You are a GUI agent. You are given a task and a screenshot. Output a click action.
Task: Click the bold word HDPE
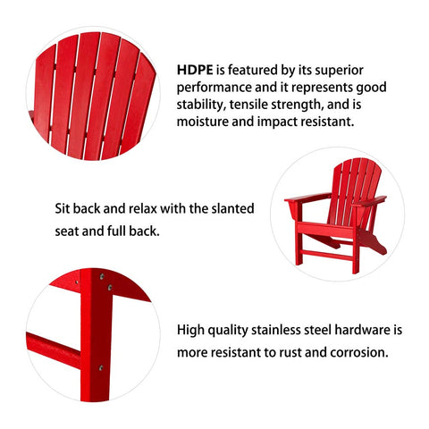click(x=195, y=70)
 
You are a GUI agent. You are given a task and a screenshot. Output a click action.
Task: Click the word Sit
click(x=63, y=208)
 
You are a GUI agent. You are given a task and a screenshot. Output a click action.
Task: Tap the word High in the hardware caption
click(x=190, y=331)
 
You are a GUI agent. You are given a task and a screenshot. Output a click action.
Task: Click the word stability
click(x=200, y=105)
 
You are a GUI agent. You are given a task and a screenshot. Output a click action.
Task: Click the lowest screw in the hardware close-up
click(x=101, y=367)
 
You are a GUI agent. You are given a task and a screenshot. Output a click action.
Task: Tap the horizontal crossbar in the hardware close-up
click(x=54, y=349)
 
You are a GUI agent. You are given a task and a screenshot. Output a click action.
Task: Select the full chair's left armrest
click(x=307, y=198)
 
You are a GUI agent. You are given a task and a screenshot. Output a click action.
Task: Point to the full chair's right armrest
click(x=369, y=201)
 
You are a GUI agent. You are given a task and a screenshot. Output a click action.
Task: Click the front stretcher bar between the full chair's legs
click(x=327, y=256)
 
